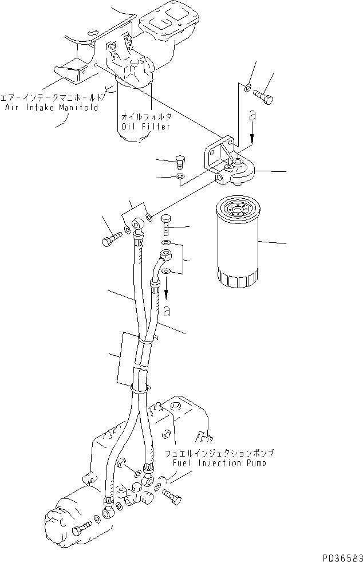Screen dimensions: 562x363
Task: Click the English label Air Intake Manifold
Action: point(52,107)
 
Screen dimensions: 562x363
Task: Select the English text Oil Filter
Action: point(145,126)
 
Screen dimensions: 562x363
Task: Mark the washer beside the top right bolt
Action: point(247,88)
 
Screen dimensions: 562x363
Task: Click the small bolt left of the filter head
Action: point(180,162)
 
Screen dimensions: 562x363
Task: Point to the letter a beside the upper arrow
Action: point(252,116)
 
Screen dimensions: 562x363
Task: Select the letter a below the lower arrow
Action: point(166,312)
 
